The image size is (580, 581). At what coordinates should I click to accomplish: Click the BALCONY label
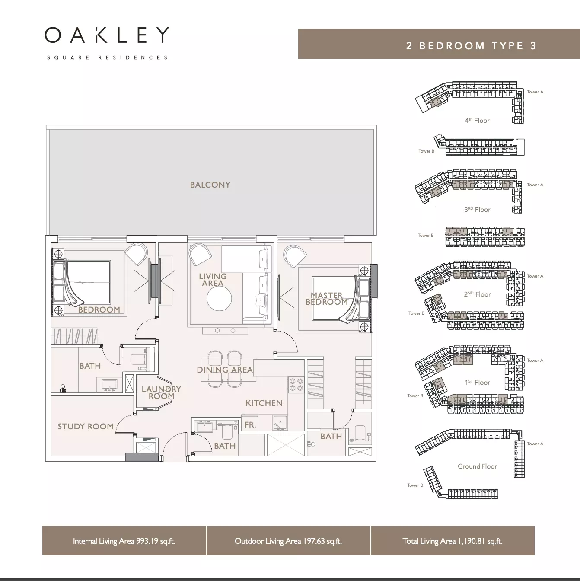[x=210, y=185]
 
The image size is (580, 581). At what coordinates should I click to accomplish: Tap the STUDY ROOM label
[x=86, y=426]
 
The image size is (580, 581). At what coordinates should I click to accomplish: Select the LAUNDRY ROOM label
[x=161, y=393]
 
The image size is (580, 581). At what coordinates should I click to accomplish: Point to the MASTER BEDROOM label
[x=327, y=298]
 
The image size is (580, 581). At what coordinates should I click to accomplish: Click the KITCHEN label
[x=264, y=403]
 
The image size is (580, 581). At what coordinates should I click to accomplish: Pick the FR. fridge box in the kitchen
[x=250, y=424]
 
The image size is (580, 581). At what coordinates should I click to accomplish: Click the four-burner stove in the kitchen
[x=296, y=384]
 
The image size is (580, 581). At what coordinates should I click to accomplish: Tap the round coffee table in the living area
[x=219, y=298]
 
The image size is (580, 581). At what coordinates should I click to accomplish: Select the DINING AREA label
[x=225, y=370]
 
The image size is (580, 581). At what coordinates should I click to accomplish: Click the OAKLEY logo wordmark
[x=107, y=35]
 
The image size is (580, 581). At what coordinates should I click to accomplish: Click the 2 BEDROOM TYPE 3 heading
[x=472, y=46]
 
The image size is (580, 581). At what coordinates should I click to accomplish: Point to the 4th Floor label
[x=477, y=120]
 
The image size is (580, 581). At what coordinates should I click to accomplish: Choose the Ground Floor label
[x=477, y=466]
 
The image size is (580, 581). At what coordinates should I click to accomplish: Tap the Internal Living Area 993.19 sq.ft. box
[x=124, y=541]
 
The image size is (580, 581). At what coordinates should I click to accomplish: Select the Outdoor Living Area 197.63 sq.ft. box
[x=288, y=541]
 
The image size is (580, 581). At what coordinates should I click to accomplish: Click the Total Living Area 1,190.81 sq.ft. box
[x=453, y=541]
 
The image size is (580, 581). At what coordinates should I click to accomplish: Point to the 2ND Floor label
[x=477, y=294]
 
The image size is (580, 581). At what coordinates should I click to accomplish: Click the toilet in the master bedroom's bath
[x=360, y=433]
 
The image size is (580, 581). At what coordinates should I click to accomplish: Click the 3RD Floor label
[x=477, y=209]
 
